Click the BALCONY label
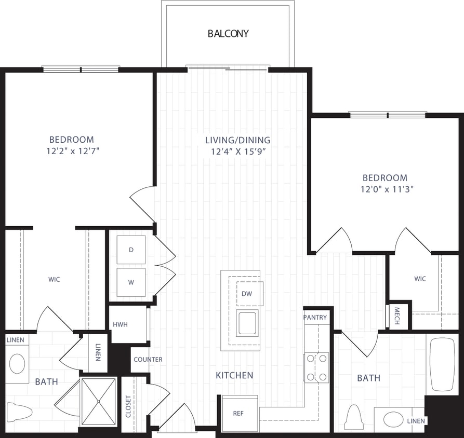point(228,34)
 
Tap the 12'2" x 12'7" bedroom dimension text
point(72,152)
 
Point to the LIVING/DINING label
point(237,140)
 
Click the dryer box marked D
point(131,250)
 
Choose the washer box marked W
point(131,282)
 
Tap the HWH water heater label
point(120,325)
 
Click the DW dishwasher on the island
point(247,294)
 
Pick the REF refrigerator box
point(239,413)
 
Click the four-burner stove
point(316,367)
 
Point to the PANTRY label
point(315,317)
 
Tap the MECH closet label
point(396,316)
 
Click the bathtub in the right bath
point(443,364)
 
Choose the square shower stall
point(99,401)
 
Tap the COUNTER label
point(148,359)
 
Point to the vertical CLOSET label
point(128,406)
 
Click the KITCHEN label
point(234,375)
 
